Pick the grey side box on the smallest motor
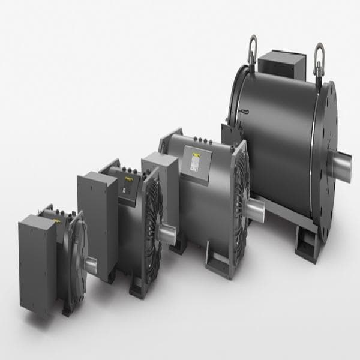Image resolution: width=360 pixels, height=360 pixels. point(37,255)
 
